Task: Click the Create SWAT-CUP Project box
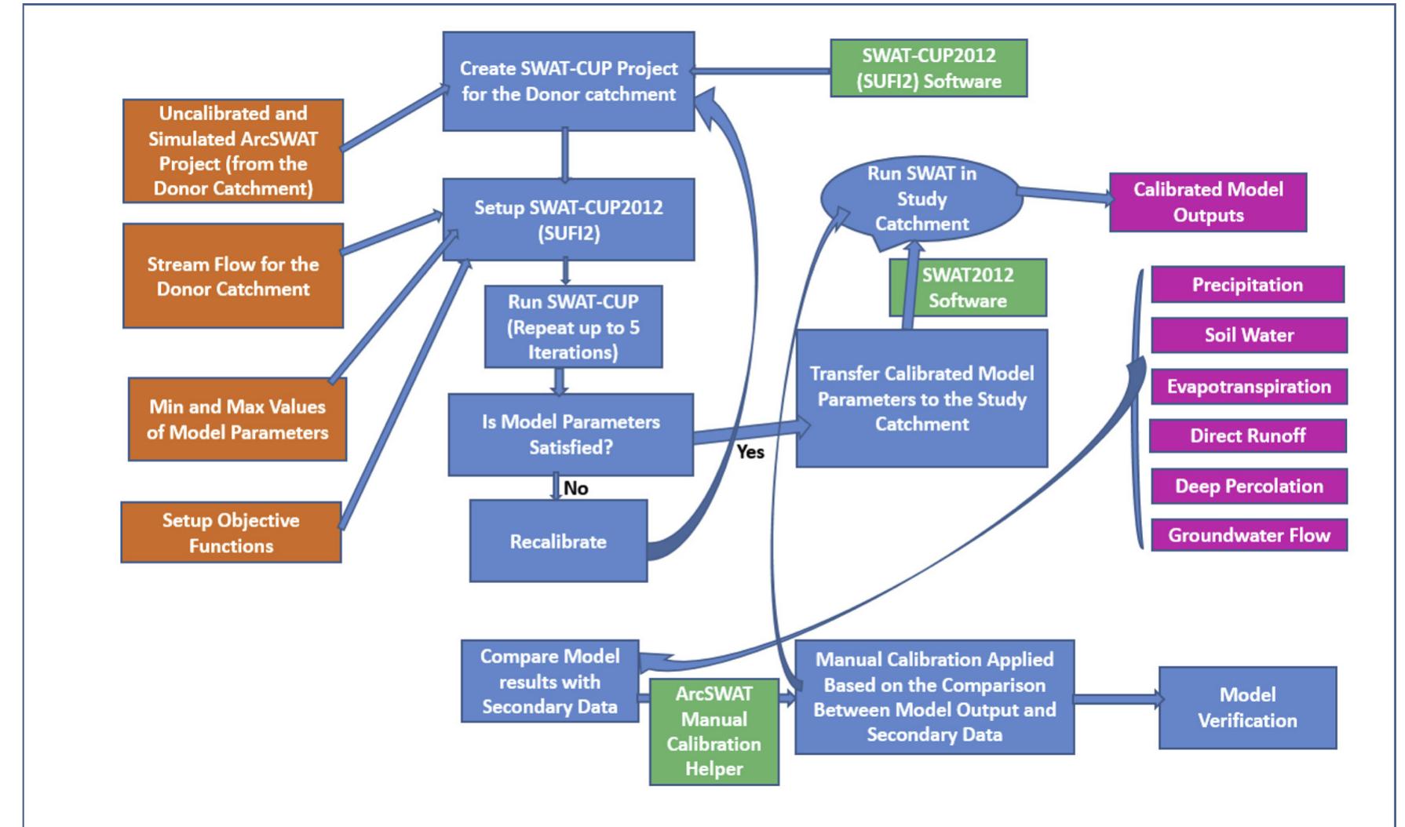pyautogui.click(x=568, y=82)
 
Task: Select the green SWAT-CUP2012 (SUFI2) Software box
pyautogui.click(x=929, y=68)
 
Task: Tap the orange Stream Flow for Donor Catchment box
pyautogui.click(x=233, y=275)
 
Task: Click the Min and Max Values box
pyautogui.click(x=237, y=419)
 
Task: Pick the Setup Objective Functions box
pyautogui.click(x=231, y=533)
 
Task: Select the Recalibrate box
pyautogui.click(x=558, y=541)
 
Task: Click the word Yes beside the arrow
pyautogui.click(x=750, y=452)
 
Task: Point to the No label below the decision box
pyautogui.click(x=575, y=488)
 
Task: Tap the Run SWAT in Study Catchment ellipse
pyautogui.click(x=921, y=199)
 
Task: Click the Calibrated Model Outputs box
pyautogui.click(x=1208, y=202)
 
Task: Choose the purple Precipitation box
pyautogui.click(x=1247, y=285)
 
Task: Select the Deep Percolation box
pyautogui.click(x=1249, y=486)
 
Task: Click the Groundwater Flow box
pyautogui.click(x=1249, y=535)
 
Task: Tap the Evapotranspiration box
pyautogui.click(x=1249, y=386)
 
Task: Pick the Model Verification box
pyautogui.click(x=1247, y=708)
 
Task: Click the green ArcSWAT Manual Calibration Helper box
pyautogui.click(x=713, y=731)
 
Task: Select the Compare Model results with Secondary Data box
pyautogui.click(x=549, y=681)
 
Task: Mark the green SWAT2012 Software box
pyautogui.click(x=968, y=288)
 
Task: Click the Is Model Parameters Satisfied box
pyautogui.click(x=571, y=435)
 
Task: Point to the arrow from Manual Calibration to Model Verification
pyautogui.click(x=1116, y=698)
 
